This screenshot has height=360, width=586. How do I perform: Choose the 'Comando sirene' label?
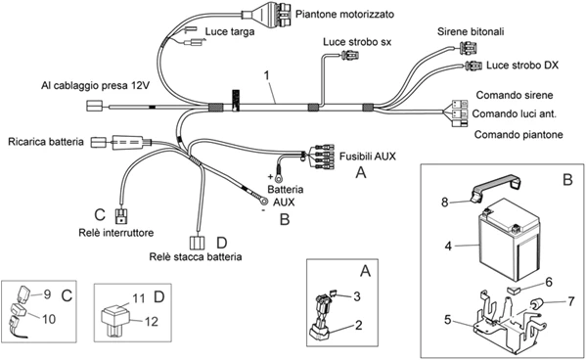(514, 95)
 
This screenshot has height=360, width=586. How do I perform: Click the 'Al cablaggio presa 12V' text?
(94, 85)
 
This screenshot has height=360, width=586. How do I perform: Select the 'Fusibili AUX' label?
(368, 155)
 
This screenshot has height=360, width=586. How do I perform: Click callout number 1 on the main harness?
(265, 74)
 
